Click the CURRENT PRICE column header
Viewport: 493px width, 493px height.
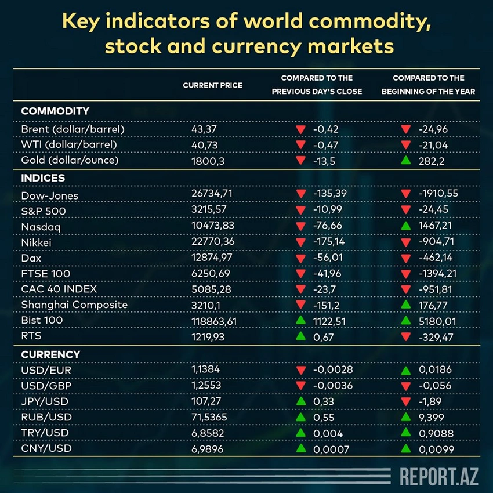(x=212, y=85)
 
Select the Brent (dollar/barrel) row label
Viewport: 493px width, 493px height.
(x=72, y=129)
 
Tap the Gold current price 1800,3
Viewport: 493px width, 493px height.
(x=208, y=161)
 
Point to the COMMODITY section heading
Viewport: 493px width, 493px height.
(x=55, y=111)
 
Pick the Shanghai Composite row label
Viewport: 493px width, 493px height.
(x=74, y=304)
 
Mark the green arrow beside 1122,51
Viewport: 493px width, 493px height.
(x=300, y=320)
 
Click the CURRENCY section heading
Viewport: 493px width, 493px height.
(x=50, y=354)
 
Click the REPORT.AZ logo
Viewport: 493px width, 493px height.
(x=437, y=476)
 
